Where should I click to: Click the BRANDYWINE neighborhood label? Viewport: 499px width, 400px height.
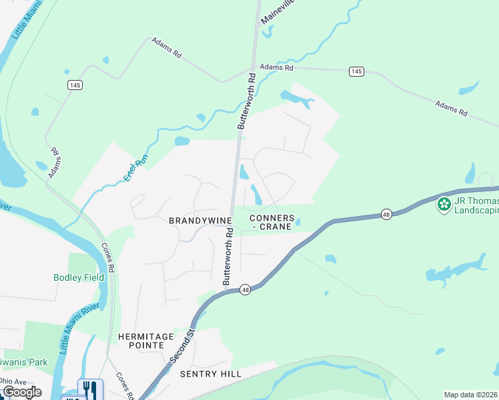tap(199, 220)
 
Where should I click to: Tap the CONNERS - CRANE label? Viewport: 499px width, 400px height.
tap(272, 223)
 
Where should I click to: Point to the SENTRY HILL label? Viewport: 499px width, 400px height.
tap(211, 374)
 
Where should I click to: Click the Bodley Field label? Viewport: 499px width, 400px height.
tap(79, 277)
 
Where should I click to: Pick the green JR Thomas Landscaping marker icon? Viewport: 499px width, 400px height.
tap(444, 204)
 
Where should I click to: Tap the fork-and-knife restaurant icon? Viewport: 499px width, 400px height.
tap(90, 389)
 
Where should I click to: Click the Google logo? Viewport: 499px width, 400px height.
tap(21, 392)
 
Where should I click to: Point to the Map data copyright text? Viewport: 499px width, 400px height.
tap(471, 395)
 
